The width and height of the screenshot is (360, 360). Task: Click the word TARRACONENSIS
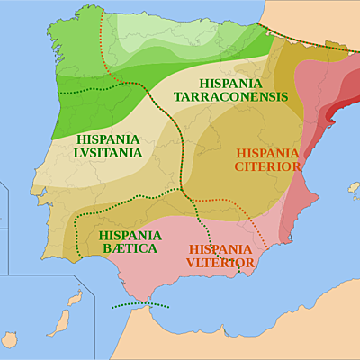230,96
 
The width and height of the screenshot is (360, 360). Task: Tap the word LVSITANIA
109,153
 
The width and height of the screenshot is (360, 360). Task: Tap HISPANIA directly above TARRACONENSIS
230,83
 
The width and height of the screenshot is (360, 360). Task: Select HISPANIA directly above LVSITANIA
109,139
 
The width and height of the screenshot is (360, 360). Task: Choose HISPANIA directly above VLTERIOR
220,248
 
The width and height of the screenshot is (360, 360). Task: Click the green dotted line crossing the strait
139,306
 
